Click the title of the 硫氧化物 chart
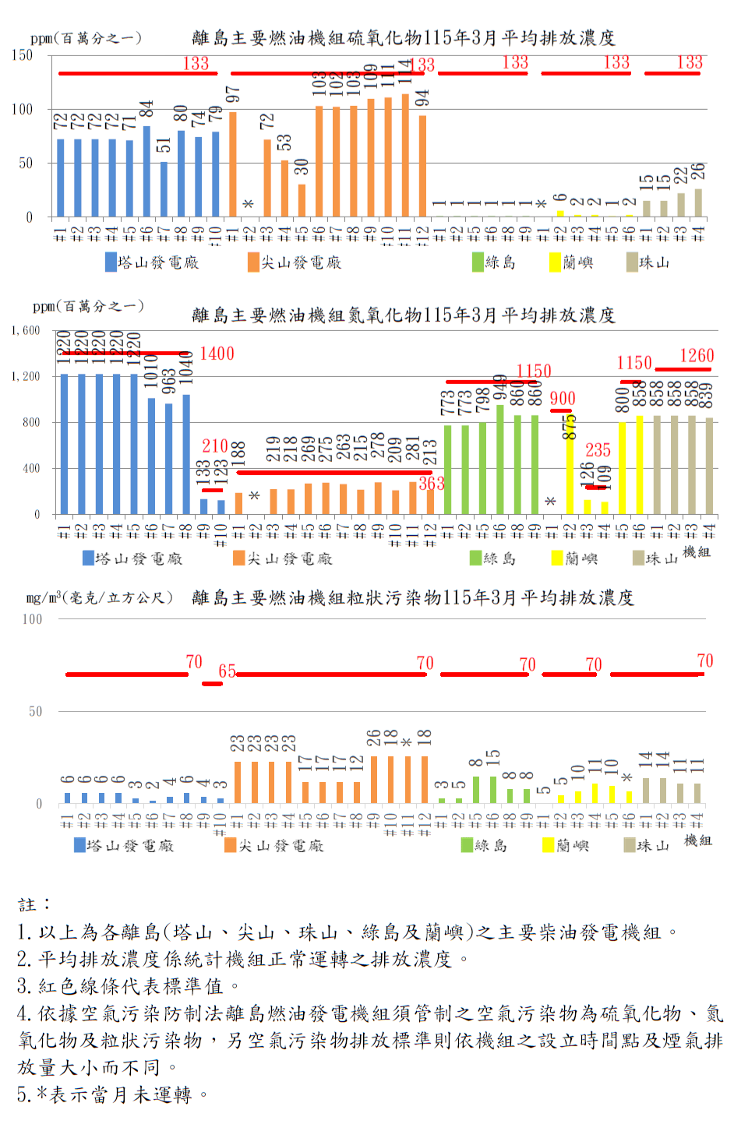(x=403, y=37)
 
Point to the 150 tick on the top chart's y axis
(x=22, y=55)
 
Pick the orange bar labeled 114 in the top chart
(x=405, y=156)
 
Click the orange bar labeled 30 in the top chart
(x=302, y=201)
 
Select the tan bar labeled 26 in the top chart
(x=698, y=203)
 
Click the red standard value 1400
(x=217, y=354)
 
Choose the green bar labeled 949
(x=499, y=460)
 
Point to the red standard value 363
(x=431, y=484)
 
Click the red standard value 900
(x=562, y=400)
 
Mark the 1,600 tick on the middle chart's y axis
(x=25, y=331)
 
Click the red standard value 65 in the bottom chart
(x=227, y=671)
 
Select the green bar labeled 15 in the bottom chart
(x=492, y=790)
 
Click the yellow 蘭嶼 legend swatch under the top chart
(x=555, y=262)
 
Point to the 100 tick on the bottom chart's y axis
(x=32, y=619)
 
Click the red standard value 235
(x=598, y=450)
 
